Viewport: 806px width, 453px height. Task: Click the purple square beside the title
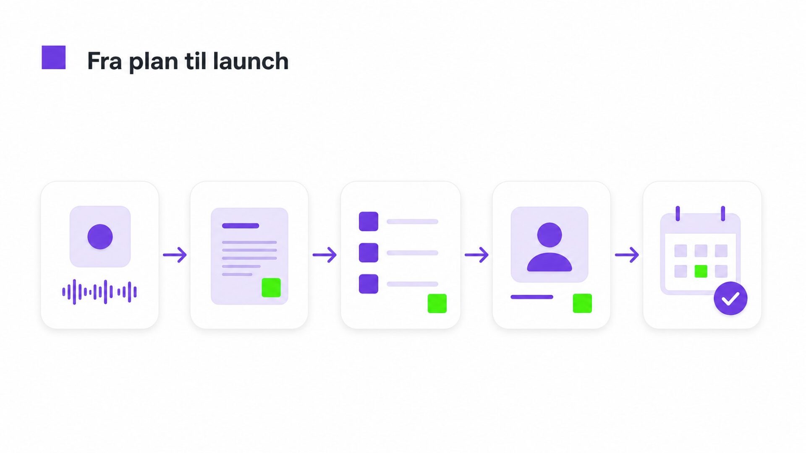(54, 57)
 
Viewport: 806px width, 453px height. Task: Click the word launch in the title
(251, 61)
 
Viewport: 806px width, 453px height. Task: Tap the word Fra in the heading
(105, 61)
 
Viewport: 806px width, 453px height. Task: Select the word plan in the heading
(154, 62)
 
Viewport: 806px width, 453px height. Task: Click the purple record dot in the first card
(100, 237)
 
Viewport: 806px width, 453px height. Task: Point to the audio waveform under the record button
(99, 292)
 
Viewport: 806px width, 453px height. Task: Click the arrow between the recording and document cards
(175, 255)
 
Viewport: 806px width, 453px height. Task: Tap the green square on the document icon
(271, 287)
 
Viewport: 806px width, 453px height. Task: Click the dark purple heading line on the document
(241, 226)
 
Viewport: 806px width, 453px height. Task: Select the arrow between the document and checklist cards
(324, 255)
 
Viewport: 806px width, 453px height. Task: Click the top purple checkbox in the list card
(369, 221)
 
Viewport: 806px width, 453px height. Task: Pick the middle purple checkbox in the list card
(369, 253)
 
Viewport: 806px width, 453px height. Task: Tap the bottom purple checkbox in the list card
(369, 284)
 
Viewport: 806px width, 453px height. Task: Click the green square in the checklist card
(437, 303)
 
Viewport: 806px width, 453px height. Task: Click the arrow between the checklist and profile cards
(476, 255)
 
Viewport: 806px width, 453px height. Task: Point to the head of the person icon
(550, 235)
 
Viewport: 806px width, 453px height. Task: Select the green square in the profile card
(582, 303)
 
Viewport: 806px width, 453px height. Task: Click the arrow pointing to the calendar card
(627, 255)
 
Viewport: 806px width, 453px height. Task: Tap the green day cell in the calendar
(701, 271)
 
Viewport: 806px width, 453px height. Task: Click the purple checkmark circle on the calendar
(730, 298)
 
